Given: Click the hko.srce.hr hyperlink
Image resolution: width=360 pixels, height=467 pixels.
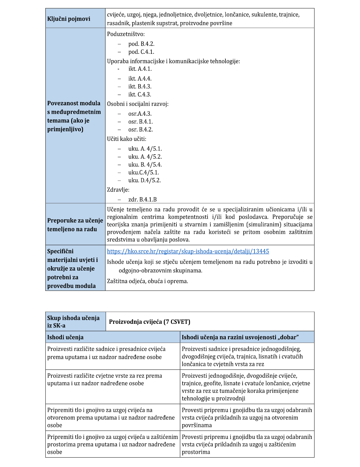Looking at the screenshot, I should (x=188, y=251).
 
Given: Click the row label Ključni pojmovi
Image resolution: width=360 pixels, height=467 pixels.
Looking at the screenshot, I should (x=69, y=19).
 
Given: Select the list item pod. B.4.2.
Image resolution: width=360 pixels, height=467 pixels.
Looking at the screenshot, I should (x=141, y=44).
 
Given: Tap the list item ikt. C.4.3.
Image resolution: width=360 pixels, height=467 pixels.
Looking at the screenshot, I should (x=139, y=94).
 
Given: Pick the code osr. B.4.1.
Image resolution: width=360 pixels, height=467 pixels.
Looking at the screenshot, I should (x=140, y=122).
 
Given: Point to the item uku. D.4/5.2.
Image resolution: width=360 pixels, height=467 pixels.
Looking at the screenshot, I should (x=144, y=180).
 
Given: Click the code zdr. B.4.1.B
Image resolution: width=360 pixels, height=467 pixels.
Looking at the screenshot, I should (x=142, y=200).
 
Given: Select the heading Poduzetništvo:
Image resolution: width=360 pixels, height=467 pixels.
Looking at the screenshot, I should (x=126, y=34).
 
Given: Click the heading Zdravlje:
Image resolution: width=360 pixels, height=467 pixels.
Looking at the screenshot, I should (x=118, y=190).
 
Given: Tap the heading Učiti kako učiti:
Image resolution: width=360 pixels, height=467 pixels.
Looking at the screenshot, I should (x=126, y=139).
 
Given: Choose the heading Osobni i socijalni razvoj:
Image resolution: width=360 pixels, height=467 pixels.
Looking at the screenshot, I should (x=138, y=104).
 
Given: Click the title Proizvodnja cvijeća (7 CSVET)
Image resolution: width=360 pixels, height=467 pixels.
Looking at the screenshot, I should (x=150, y=322).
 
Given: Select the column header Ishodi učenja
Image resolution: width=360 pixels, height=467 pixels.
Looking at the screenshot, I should (x=65, y=337).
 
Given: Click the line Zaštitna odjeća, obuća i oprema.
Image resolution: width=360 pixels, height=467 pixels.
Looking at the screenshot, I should (x=148, y=281).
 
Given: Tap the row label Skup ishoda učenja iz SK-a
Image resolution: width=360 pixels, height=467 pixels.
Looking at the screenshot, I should (x=73, y=321).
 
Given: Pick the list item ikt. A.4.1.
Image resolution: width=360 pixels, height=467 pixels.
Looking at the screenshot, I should (x=140, y=69).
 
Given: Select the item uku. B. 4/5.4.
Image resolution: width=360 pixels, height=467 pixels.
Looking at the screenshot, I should (x=145, y=165).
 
